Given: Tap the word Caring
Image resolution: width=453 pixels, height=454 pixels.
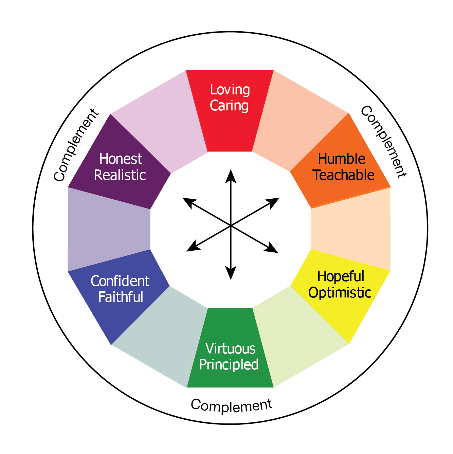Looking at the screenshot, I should click(229, 106).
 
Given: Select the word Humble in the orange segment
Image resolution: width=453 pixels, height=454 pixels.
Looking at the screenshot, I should click(342, 159).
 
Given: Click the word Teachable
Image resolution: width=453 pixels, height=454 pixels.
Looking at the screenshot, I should click(343, 175).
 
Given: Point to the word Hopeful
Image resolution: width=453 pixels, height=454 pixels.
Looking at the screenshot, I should click(341, 276).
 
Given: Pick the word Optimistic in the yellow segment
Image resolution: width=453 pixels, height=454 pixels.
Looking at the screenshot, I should click(340, 293).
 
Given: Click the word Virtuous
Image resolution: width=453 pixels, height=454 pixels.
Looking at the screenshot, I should click(231, 349).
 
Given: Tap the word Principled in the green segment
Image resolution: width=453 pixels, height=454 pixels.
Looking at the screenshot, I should click(229, 365).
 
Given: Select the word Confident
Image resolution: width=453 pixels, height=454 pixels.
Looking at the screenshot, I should click(120, 281).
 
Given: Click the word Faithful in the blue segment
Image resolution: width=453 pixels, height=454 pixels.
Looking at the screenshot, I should click(121, 297).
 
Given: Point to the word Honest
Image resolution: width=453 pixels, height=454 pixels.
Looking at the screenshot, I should click(121, 159).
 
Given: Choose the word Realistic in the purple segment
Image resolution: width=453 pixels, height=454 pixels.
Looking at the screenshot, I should click(120, 175).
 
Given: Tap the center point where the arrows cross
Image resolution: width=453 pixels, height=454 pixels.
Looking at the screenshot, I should click(231, 225).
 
